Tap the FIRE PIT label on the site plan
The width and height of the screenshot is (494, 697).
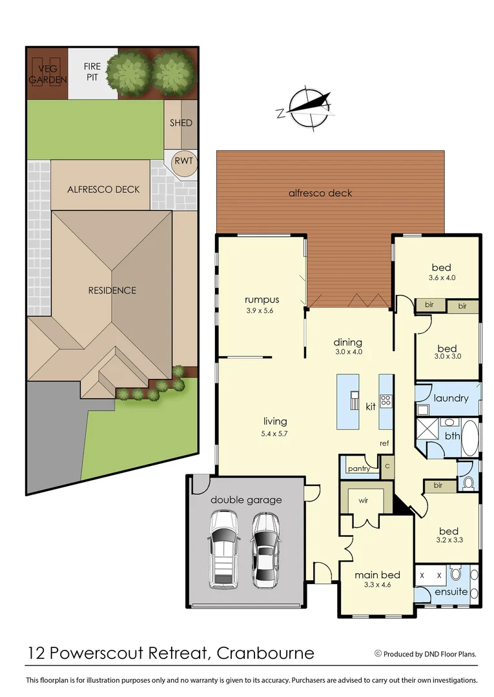click(x=94, y=72)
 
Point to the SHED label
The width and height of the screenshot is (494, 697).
click(x=181, y=123)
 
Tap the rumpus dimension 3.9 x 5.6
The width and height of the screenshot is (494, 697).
click(x=262, y=310)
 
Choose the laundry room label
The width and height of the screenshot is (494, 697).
click(x=451, y=398)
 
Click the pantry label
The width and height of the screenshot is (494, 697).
click(x=358, y=469)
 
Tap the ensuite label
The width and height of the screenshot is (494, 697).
click(x=451, y=591)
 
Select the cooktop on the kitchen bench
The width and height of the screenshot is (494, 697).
click(x=386, y=400)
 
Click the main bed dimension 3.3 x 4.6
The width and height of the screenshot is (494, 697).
click(x=378, y=585)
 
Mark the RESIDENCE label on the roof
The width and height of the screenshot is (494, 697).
click(x=112, y=290)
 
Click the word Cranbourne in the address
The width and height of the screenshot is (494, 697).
click(x=266, y=653)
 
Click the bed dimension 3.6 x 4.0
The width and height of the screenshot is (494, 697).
click(x=442, y=278)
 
